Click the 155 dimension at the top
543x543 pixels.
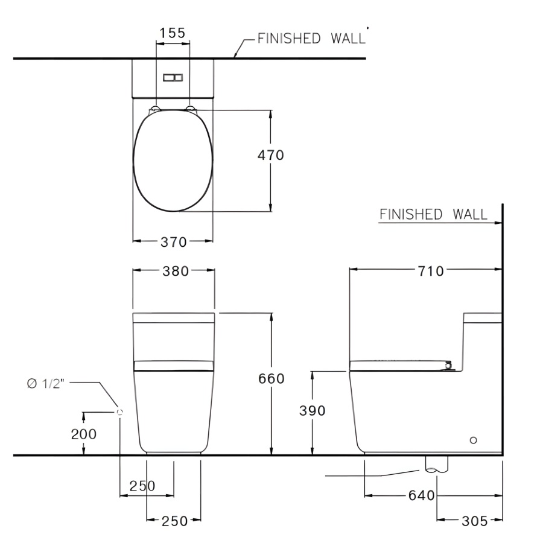pos(173,33)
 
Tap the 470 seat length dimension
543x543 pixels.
pos(270,155)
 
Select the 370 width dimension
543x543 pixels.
pos(174,242)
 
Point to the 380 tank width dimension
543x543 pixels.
pos(176,271)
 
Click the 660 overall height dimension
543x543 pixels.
pos(271,378)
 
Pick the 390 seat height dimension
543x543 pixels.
pos(313,411)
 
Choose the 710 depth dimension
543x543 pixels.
pos(431,271)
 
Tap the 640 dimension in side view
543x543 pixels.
pos(422,495)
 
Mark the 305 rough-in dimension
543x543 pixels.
pos(474,521)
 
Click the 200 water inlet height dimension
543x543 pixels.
pos(84,434)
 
